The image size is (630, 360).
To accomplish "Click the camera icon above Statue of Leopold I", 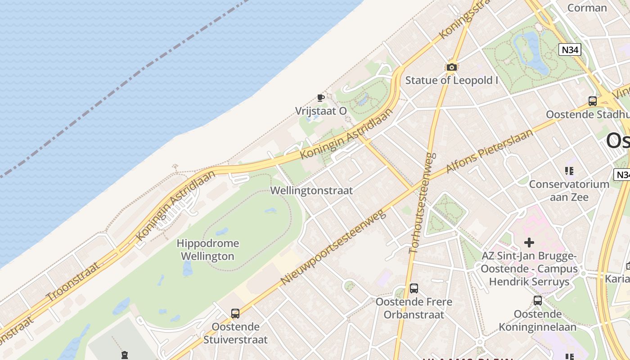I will pos(451,67).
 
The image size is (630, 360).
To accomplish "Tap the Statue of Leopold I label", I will pos(451,81).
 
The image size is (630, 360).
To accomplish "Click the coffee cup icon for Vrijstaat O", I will pos(321,98).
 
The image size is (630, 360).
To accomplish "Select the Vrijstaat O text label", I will pos(321,111).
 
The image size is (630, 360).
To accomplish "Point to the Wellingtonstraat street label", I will pos(311,190).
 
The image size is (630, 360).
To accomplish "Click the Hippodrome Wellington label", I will pos(207,250).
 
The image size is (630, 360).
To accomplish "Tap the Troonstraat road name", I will pos(73,282).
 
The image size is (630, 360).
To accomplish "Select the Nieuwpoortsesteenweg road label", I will pos(333,247).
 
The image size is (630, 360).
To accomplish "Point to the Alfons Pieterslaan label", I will pos(489,151).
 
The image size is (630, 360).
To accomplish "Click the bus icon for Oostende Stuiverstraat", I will pos(235,314).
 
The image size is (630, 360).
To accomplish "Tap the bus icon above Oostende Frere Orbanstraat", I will pos(414,288).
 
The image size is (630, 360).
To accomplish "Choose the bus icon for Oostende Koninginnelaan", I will pos(537,301).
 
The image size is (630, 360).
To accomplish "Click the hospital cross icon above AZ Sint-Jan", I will pos(529,243).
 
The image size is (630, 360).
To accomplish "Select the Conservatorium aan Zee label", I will pos(569,190).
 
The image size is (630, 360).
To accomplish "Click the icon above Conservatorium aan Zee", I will pos(569,171).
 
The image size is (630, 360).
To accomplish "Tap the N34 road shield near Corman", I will pos(570,49).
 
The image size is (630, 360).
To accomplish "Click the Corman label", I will pos(587,8).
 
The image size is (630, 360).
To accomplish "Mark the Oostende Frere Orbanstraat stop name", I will pos(414,308).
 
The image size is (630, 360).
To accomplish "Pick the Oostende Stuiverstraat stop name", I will pos(235,333).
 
